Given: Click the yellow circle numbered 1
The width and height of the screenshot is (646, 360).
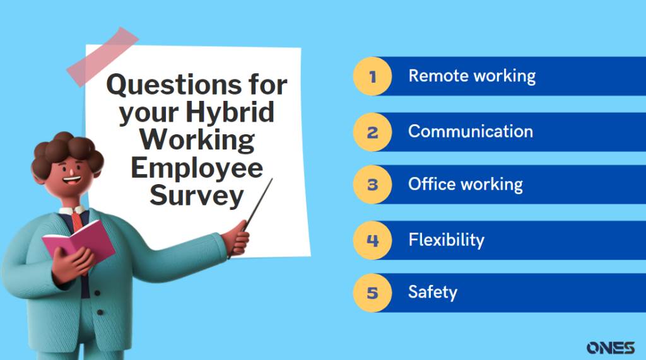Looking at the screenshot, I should (373, 76).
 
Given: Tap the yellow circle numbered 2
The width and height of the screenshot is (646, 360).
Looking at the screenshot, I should (373, 132).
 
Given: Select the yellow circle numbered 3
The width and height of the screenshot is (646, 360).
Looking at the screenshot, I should (373, 185).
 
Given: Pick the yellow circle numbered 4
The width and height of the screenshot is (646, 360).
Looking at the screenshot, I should (373, 240).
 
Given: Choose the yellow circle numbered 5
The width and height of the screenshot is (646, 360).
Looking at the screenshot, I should (373, 293).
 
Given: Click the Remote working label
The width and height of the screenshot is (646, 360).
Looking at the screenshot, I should (472, 76).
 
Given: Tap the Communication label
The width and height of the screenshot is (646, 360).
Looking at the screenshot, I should (471, 132).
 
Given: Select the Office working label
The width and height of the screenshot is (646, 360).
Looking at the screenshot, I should (466, 185).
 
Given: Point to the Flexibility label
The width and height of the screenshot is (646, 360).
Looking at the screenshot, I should (446, 240).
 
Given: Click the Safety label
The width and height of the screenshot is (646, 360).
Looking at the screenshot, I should (433, 293).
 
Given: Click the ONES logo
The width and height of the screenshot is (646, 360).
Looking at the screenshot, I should (610, 347).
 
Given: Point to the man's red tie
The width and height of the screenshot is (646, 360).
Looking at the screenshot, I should (76, 221).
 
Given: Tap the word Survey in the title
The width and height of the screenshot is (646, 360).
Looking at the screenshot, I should (196, 197).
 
